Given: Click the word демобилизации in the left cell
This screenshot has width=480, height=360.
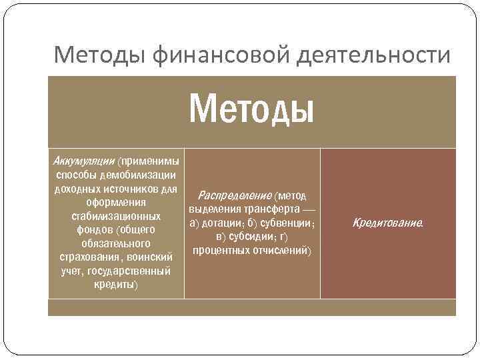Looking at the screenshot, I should [139, 175].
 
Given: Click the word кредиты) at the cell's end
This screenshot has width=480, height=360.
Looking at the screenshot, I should [116, 285].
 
